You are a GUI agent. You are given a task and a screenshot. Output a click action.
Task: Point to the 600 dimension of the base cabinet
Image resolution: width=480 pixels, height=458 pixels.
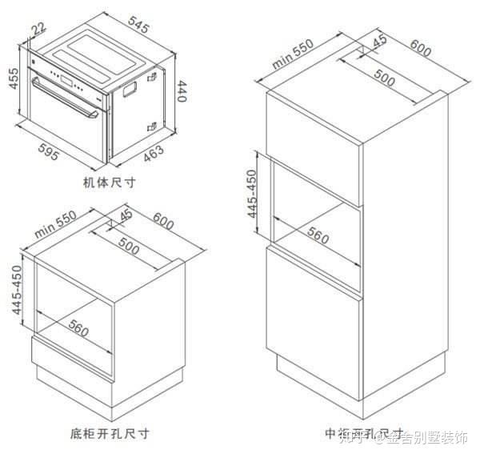163,221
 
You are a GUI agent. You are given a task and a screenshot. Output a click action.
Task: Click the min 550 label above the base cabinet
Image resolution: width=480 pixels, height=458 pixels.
54,226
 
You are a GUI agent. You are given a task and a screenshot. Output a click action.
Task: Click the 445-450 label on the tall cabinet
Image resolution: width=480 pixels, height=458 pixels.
252,194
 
